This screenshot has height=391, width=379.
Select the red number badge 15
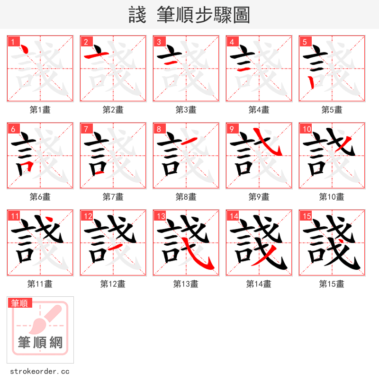pyautogui.click(x=306, y=216)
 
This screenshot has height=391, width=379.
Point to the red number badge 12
pyautogui.click(x=87, y=216)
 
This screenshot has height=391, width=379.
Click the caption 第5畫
pyautogui.click(x=332, y=110)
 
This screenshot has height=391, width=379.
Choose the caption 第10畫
pyautogui.click(x=332, y=197)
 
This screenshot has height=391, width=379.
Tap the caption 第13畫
pyautogui.click(x=186, y=284)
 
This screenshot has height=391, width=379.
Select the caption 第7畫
pyautogui.click(x=113, y=197)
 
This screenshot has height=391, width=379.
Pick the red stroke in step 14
pyautogui.click(x=263, y=258)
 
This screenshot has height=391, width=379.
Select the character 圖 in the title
pyautogui.click(x=241, y=15)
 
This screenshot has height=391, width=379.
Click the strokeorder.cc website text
pyautogui.click(x=40, y=372)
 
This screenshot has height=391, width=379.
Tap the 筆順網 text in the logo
pyautogui.click(x=40, y=342)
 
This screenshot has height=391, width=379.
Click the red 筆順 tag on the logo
pyautogui.click(x=20, y=303)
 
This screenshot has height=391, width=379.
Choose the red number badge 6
pyautogui.click(x=13, y=129)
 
